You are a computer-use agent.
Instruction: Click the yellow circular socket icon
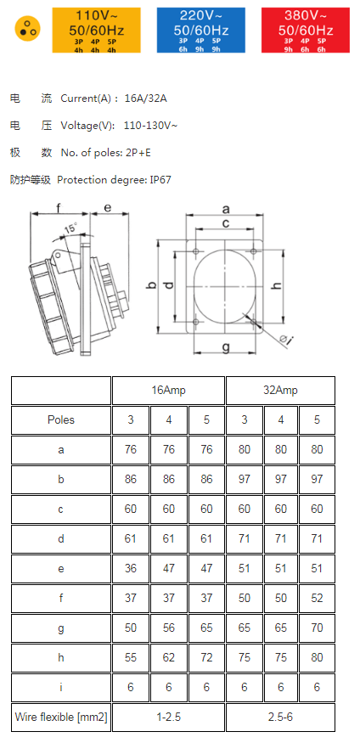[27, 29]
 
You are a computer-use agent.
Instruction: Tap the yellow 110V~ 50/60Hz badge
[97, 29]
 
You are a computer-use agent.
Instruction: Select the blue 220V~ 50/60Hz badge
[200, 29]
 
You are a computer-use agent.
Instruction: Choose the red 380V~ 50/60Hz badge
[305, 29]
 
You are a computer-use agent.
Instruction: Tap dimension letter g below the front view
[226, 346]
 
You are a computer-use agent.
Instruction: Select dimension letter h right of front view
[277, 284]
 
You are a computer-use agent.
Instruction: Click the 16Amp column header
[168, 391]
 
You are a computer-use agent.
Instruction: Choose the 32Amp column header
[280, 391]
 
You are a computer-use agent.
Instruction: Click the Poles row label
[61, 419]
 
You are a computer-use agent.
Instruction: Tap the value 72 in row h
[206, 657]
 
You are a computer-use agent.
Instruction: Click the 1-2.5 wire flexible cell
[168, 717]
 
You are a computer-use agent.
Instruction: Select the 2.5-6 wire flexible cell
[280, 717]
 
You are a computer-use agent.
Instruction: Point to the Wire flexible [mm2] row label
[61, 717]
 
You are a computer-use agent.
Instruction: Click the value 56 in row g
[168, 628]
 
